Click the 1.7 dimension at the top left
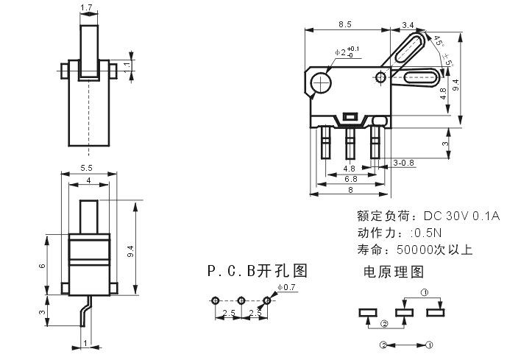pos(86,7)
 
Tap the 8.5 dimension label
pos(345,24)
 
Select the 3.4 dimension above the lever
pos(408,25)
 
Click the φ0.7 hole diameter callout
pos(286,287)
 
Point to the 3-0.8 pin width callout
pos(403,163)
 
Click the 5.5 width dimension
pos(86,168)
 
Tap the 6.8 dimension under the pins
pos(351,179)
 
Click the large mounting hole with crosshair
pos(321,82)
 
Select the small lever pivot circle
pos(380,77)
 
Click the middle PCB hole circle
pos(241,301)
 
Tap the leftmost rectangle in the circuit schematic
pos(368,313)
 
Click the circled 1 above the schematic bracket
pos(425,293)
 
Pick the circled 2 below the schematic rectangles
pos(384,324)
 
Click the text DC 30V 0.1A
pos(461,216)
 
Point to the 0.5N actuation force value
pos(428,233)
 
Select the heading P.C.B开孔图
pos(257,271)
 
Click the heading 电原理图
pos(394,272)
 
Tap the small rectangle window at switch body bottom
pos(350,116)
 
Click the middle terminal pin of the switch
pos(350,143)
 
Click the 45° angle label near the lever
pos(439,41)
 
